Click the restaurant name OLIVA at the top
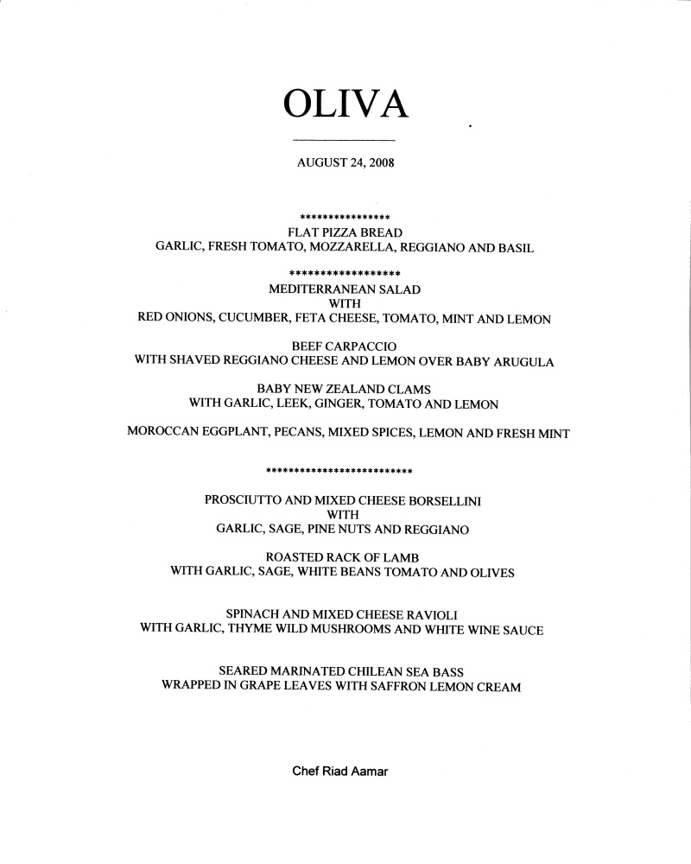[x=345, y=104]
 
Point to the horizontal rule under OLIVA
[x=344, y=140]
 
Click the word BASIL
[x=516, y=248]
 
